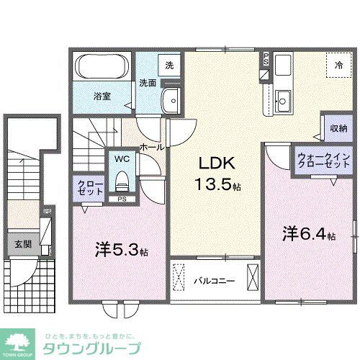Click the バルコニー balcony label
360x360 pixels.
tap(214, 279)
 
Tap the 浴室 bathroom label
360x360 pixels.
tap(102, 96)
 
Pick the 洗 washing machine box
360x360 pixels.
tap(169, 66)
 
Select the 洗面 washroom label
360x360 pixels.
tap(148, 83)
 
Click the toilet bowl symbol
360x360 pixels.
tap(120, 178)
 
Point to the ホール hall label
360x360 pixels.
tap(151, 146)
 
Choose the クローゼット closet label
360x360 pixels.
tap(90, 189)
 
